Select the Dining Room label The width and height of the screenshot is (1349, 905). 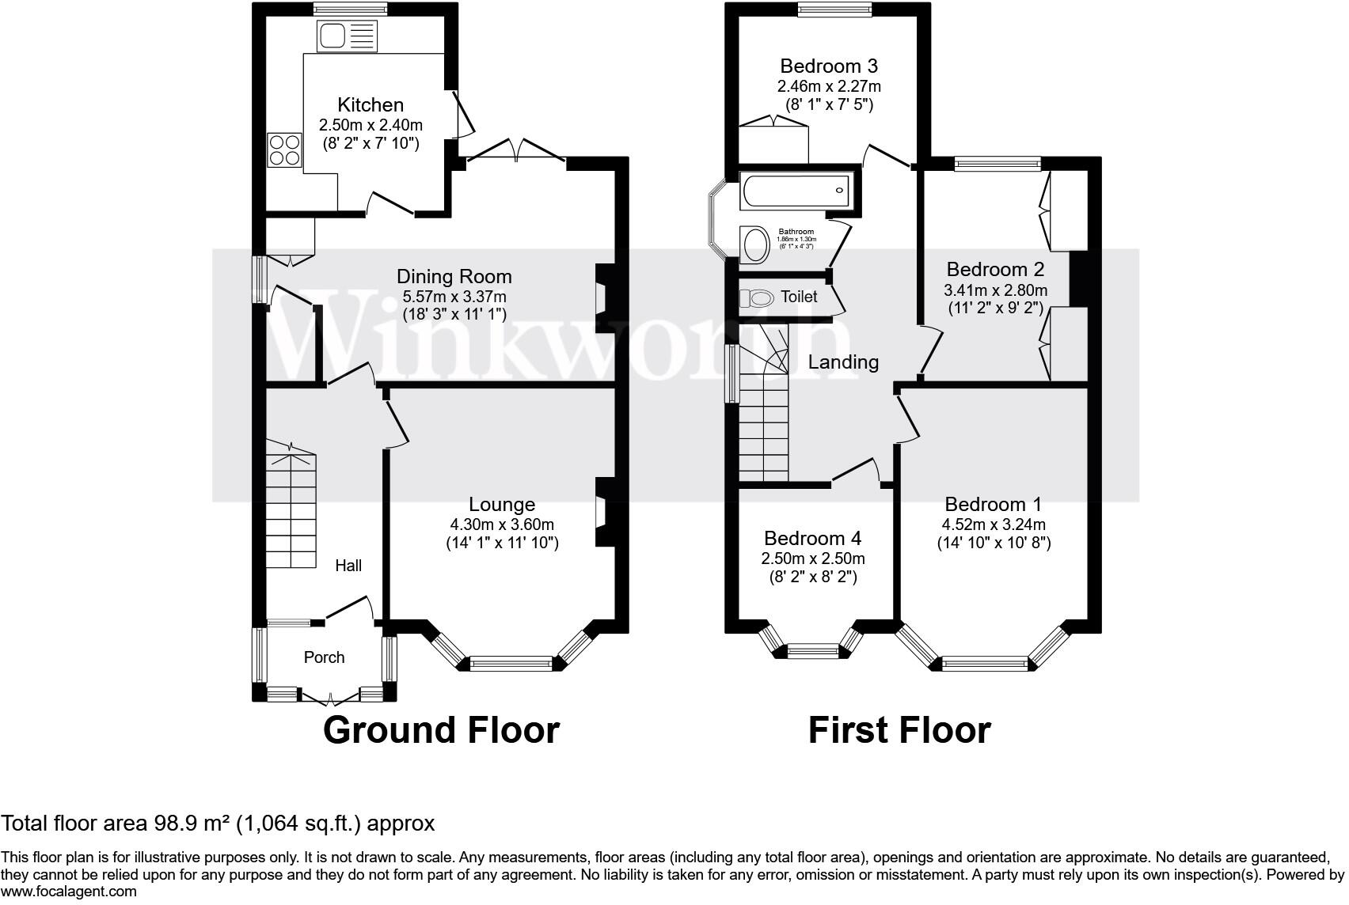(454, 276)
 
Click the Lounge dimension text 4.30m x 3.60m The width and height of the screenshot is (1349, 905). (501, 524)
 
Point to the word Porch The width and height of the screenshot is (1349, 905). (324, 657)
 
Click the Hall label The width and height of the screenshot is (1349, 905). (348, 565)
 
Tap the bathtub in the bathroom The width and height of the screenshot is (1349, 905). (795, 191)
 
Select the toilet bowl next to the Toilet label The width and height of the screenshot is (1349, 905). (757, 298)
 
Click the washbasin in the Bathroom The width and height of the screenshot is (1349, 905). (754, 244)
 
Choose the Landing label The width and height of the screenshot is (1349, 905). (843, 362)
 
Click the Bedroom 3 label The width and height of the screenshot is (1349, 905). (829, 66)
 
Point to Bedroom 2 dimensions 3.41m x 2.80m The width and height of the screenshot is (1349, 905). (995, 290)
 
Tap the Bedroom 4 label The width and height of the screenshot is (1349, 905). (812, 538)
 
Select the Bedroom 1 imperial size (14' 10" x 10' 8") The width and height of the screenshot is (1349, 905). (994, 543)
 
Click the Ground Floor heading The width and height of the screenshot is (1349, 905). (441, 730)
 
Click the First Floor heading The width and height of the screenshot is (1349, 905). (899, 730)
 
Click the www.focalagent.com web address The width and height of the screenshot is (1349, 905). (69, 892)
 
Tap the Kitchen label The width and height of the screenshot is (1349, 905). (370, 104)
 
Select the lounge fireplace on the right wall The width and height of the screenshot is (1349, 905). (605, 511)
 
